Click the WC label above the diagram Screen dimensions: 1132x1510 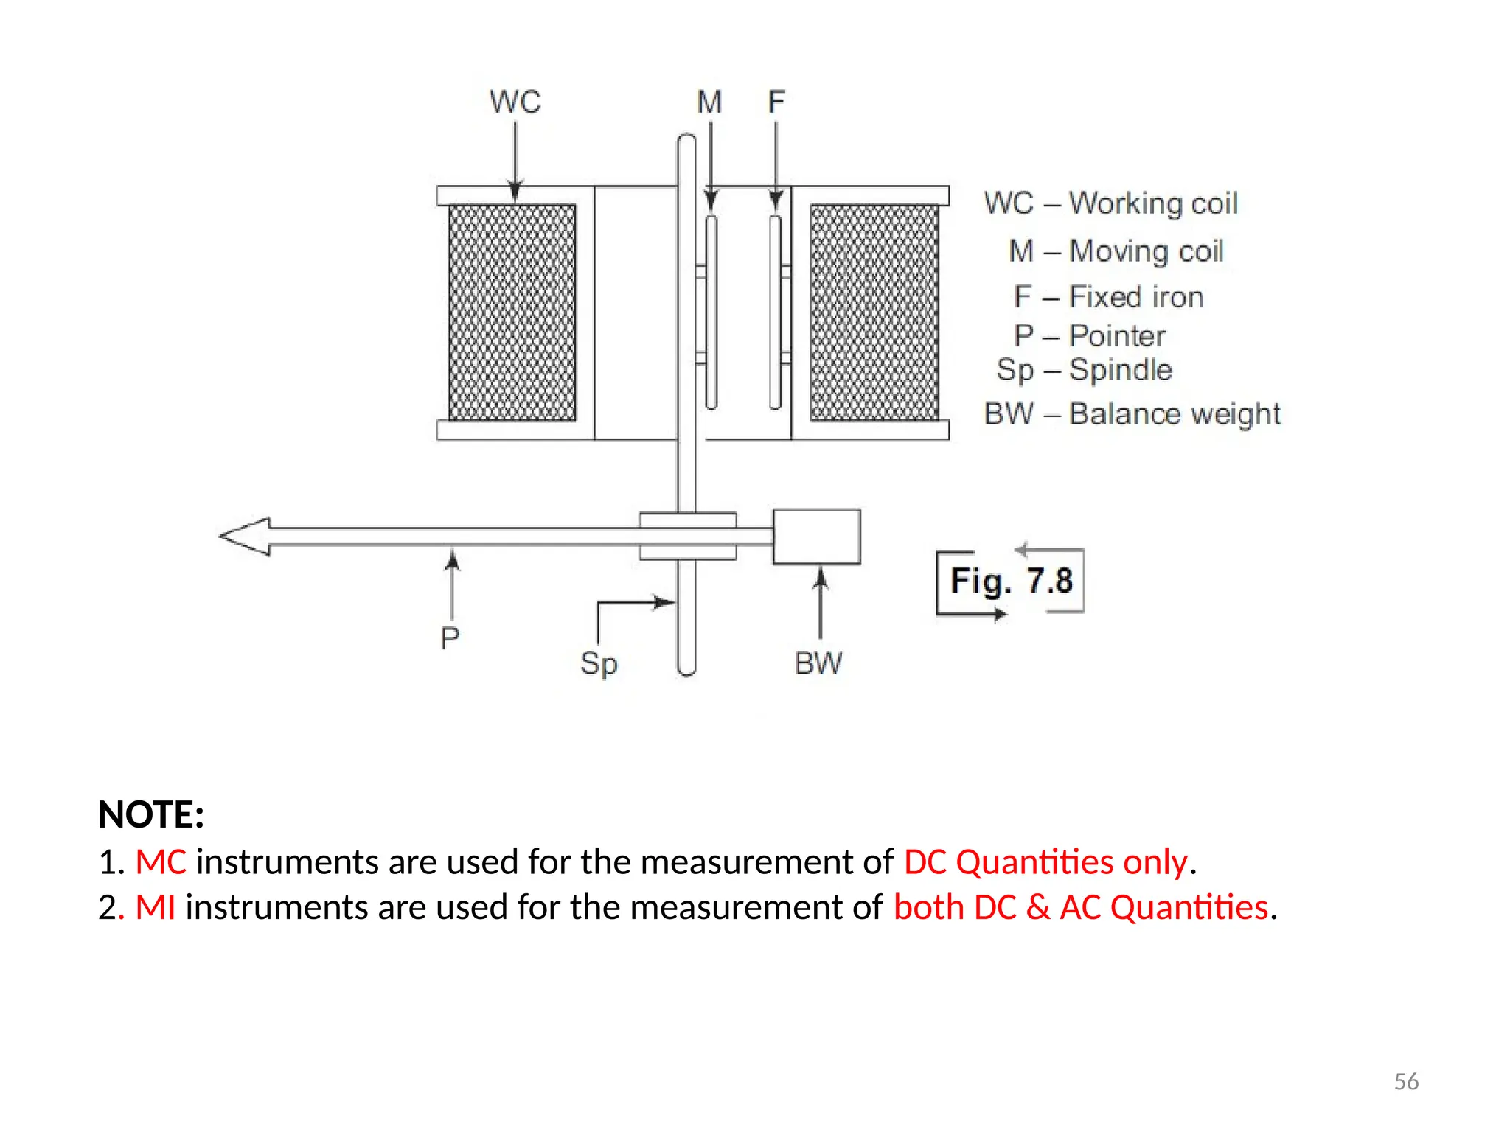point(515,102)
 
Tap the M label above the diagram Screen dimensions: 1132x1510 point(709,102)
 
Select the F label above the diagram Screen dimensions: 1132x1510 point(776,102)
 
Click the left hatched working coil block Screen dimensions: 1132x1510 point(512,312)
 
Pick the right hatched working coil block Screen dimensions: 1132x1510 point(874,312)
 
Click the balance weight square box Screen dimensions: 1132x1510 point(816,537)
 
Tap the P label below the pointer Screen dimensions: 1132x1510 point(450,638)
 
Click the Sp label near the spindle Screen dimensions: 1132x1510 point(598,663)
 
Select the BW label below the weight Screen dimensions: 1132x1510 point(818,663)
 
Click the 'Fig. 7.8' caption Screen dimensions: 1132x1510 point(1011,581)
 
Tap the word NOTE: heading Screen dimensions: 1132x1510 point(151,814)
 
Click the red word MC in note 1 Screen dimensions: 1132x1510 point(161,862)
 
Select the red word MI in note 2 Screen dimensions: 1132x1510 point(156,907)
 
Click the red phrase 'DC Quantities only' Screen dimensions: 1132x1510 point(1046,862)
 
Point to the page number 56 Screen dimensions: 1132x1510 point(1406,1081)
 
